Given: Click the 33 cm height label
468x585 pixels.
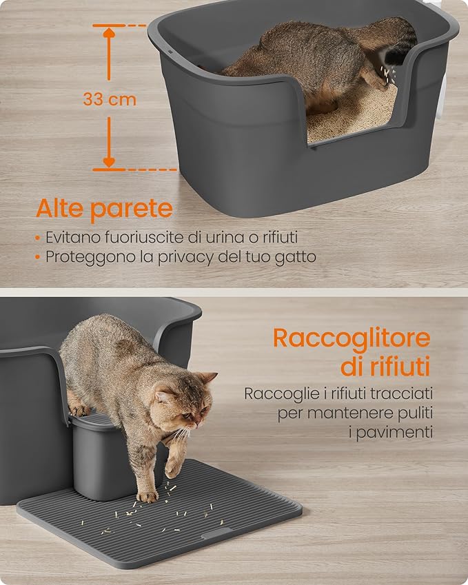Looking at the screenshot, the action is coord(110,99).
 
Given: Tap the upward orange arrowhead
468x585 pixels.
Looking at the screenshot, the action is coord(109,33).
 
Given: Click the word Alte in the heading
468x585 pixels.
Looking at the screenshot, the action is coord(59,208).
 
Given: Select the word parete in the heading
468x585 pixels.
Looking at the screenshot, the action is coord(132,209).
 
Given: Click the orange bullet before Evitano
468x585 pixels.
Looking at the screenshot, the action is coord(37,238).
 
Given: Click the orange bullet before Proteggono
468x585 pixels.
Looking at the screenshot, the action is coord(37,257).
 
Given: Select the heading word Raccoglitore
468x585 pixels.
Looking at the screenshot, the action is coord(352,338).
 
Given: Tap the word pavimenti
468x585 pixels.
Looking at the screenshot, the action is coord(391,433).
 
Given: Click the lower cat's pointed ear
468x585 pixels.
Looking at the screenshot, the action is coord(208,378).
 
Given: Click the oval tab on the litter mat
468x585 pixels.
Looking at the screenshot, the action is coord(217,534).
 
